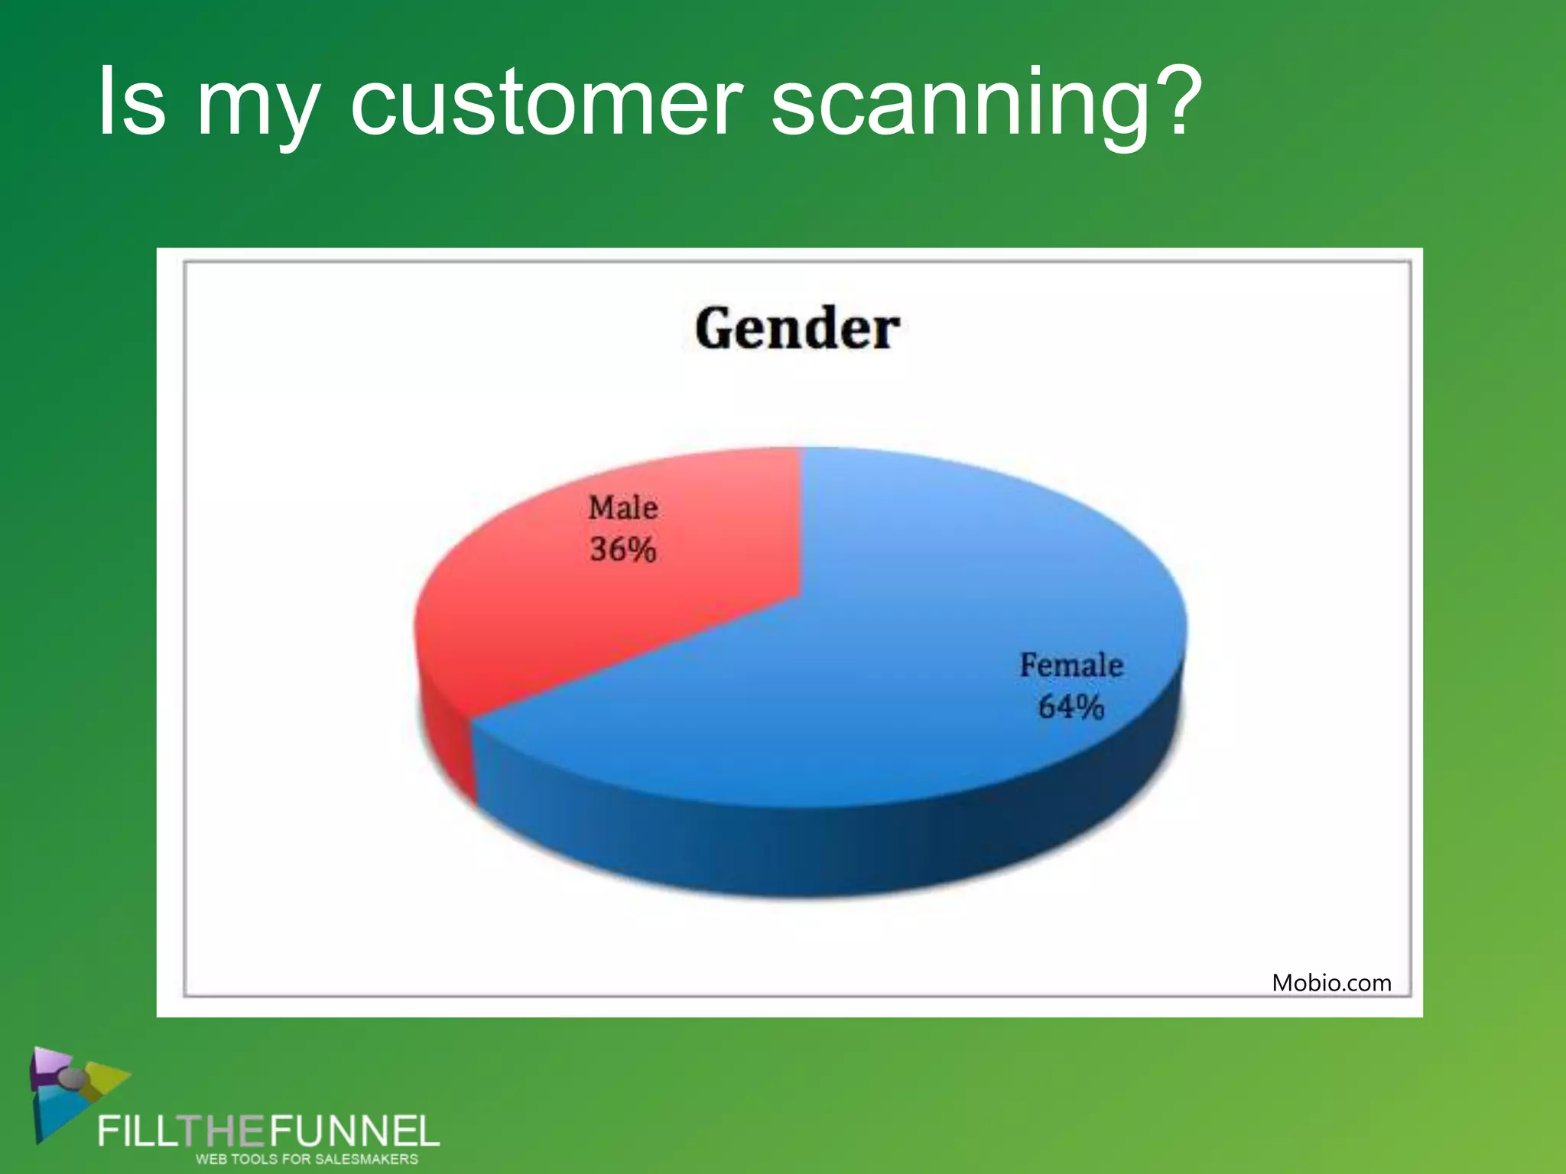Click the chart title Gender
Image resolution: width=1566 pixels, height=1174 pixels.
[x=797, y=329]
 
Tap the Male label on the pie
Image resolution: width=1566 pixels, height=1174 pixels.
[x=622, y=508]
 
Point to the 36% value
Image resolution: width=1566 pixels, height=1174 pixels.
[x=622, y=550]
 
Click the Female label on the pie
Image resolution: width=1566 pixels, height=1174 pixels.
[x=1071, y=665]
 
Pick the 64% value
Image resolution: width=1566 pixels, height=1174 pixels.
[x=1071, y=707]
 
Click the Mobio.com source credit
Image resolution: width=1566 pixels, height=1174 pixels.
[x=1331, y=983]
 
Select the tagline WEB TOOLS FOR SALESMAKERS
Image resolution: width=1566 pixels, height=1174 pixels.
[x=307, y=1159]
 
